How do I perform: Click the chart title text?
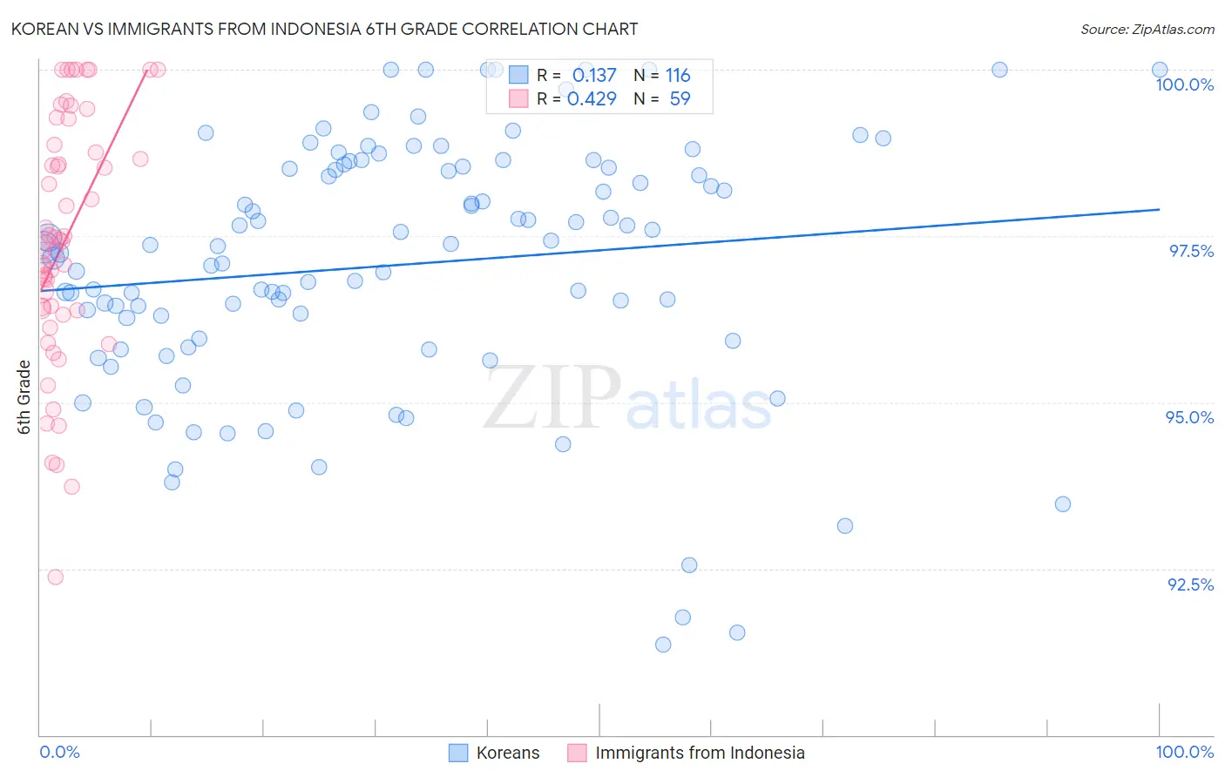(324, 29)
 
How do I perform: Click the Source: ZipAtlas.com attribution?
(1147, 29)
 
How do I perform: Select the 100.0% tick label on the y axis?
(1184, 84)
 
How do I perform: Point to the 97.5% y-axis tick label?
(1190, 251)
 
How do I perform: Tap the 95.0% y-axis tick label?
(1189, 417)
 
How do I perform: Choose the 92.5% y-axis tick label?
(1190, 584)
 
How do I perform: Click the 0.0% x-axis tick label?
(59, 752)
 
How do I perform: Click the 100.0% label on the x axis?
(1184, 752)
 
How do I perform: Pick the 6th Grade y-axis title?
(24, 396)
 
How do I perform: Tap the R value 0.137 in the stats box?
(594, 76)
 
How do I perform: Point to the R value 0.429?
(592, 99)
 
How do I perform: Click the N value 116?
(678, 76)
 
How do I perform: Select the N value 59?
(680, 99)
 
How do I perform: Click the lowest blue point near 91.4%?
(663, 645)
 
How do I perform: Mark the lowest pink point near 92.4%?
(55, 577)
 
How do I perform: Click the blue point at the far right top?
(1160, 70)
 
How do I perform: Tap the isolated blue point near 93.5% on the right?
(1062, 503)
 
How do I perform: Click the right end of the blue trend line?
(1160, 209)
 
